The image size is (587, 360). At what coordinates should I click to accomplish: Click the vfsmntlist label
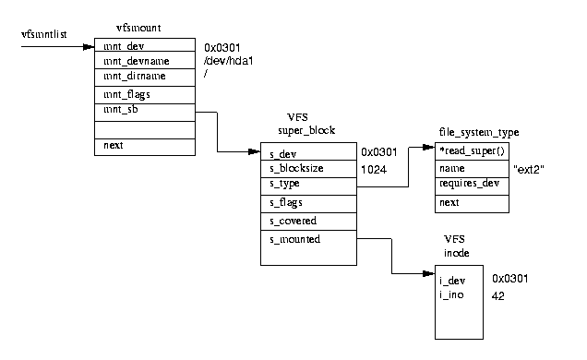(x=42, y=34)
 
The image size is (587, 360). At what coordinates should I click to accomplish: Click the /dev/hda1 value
(x=227, y=60)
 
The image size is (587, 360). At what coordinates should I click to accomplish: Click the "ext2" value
(x=527, y=170)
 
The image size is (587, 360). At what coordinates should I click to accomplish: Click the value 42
(x=498, y=295)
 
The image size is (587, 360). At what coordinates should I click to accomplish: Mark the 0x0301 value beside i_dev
(x=509, y=279)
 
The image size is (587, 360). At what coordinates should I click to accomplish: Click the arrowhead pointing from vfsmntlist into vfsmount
(x=90, y=44)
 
